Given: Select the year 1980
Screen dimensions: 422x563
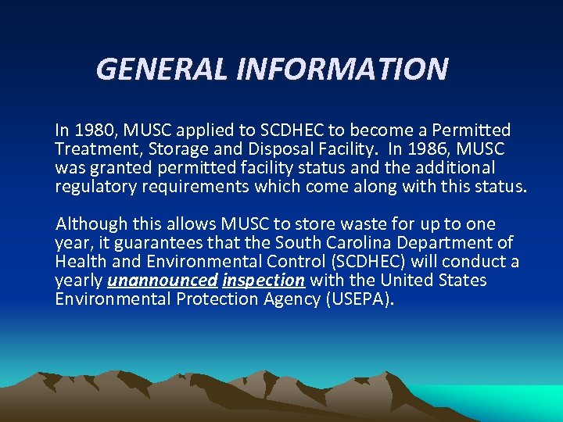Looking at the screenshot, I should [x=94, y=130].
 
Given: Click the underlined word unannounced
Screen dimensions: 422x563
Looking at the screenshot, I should [x=162, y=281].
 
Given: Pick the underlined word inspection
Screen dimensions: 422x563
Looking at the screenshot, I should [x=264, y=281].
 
